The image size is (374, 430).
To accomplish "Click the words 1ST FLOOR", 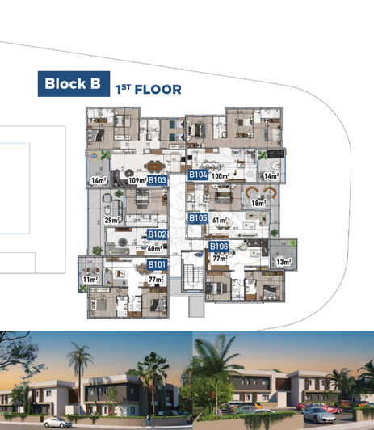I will (149, 90).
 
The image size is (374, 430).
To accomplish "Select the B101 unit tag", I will (157, 264).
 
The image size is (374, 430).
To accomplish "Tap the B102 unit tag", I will (157, 234).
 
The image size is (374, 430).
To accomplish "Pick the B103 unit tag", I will (157, 180).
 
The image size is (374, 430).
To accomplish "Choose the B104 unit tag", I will (198, 175).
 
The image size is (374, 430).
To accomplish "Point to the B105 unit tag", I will (198, 218).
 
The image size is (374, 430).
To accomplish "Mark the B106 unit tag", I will (219, 246).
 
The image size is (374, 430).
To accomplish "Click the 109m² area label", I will (137, 180).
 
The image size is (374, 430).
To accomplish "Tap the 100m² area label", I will (221, 175).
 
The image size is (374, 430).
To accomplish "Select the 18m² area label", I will (258, 203).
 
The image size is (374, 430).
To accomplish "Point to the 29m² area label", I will (111, 219).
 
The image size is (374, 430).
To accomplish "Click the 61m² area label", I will (219, 219).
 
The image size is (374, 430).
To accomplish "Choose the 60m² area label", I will (154, 249).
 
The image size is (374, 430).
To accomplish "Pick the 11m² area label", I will (89, 279).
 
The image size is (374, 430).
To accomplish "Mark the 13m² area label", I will (284, 262).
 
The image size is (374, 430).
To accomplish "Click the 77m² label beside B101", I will (156, 278).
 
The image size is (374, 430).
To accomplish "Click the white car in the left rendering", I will (57, 421).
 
